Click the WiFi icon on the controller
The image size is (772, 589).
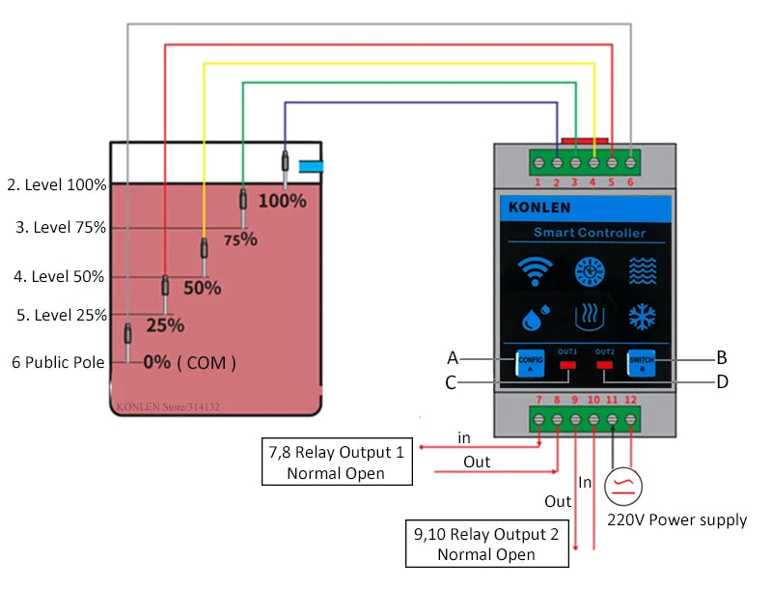coord(536,272)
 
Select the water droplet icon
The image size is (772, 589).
coord(536,318)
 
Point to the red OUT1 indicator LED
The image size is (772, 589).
coord(567,365)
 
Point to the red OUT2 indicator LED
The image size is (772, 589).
coord(605,365)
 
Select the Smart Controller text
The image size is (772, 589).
coord(590,233)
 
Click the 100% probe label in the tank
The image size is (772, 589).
coord(283,201)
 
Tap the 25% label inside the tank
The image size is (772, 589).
coord(165,325)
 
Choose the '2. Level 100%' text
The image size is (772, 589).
coord(57,184)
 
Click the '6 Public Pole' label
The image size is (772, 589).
coord(57,363)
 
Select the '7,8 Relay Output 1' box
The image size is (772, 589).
coord(337,462)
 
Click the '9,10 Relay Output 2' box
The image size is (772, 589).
coord(486,544)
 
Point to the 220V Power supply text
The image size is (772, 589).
coord(676,520)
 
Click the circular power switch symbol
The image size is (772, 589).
coord(622,486)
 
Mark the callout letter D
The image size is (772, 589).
coord(722,381)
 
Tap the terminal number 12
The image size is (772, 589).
coord(631,400)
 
